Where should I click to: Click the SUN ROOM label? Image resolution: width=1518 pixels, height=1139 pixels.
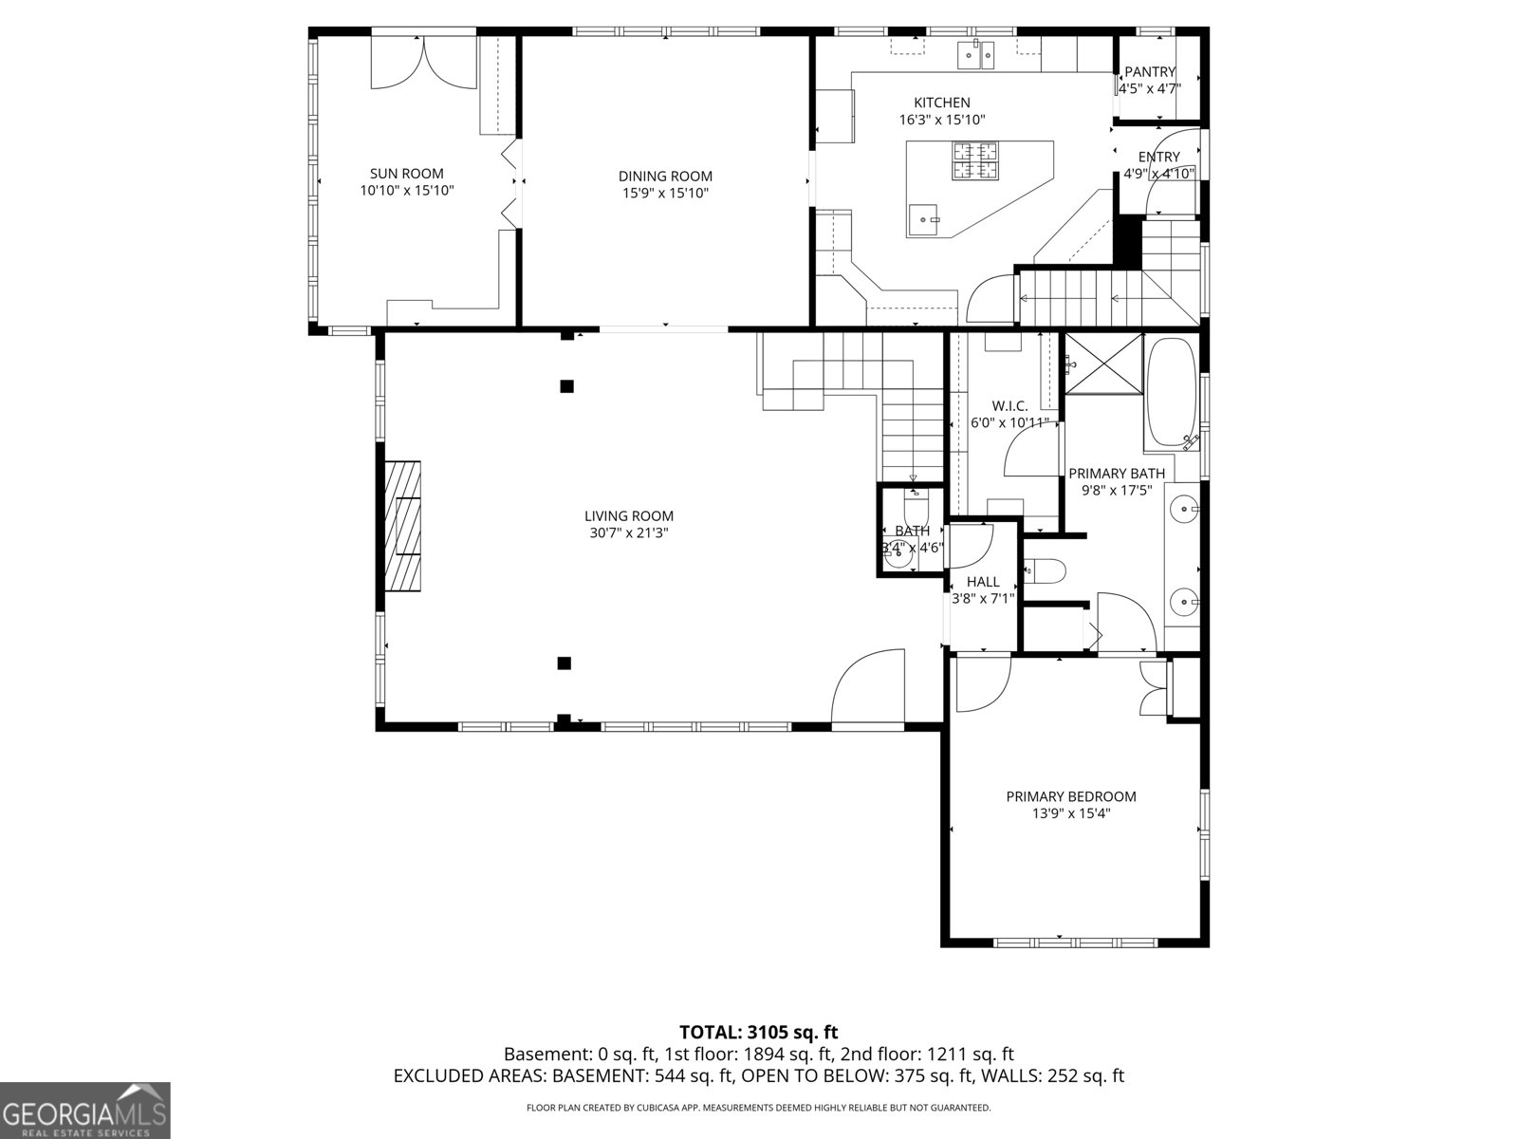pyautogui.click(x=406, y=174)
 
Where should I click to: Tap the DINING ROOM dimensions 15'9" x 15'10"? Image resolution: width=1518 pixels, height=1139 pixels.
pyautogui.click(x=665, y=194)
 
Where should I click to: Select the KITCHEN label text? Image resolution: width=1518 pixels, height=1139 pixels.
pyautogui.click(x=941, y=103)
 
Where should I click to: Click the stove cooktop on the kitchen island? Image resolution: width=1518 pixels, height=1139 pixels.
pyautogui.click(x=976, y=159)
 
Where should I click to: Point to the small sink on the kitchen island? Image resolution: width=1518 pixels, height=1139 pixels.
pyautogui.click(x=922, y=219)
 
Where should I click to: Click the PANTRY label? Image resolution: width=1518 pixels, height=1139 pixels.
pyautogui.click(x=1149, y=72)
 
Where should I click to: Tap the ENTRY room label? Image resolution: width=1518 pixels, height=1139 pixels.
pyautogui.click(x=1158, y=158)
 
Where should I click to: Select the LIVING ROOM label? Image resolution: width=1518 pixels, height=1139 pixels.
pyautogui.click(x=628, y=516)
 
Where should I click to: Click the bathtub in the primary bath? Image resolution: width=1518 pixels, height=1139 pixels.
pyautogui.click(x=1173, y=393)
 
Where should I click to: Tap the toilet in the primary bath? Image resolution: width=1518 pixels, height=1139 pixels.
pyautogui.click(x=1046, y=570)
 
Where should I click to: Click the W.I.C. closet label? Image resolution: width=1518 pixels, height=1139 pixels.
pyautogui.click(x=1009, y=406)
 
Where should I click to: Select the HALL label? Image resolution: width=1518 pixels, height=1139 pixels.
pyautogui.click(x=983, y=582)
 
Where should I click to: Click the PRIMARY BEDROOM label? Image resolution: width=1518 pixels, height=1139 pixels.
pyautogui.click(x=1070, y=796)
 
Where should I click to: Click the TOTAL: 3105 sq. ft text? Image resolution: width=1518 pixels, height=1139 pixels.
pyautogui.click(x=758, y=1032)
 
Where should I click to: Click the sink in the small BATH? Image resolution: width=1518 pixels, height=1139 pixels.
pyautogui.click(x=898, y=557)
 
